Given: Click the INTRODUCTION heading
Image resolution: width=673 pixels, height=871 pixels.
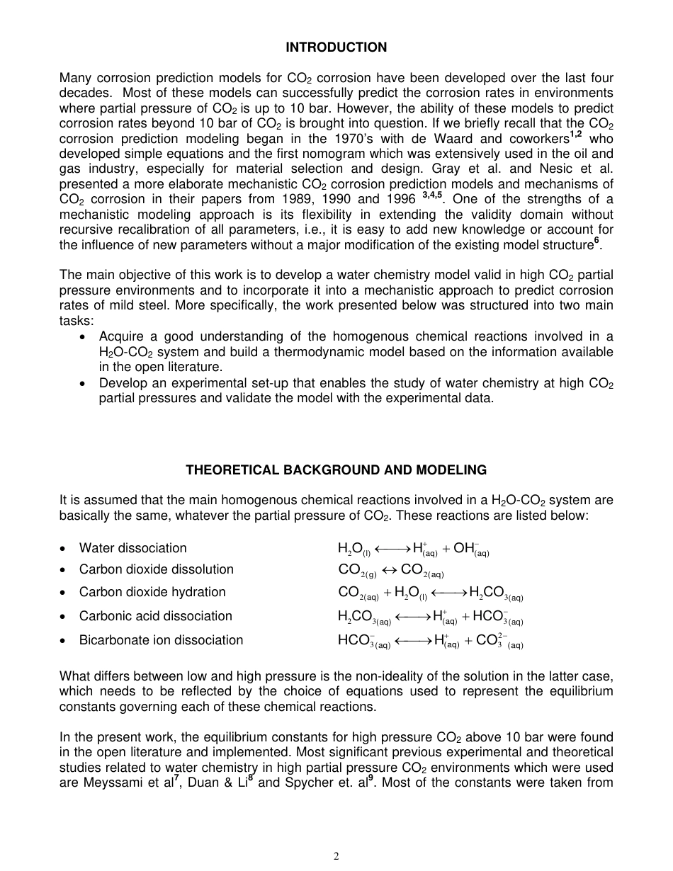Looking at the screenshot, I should (x=336, y=47).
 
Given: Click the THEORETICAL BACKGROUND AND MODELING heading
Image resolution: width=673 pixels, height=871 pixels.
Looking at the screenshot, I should (x=336, y=470).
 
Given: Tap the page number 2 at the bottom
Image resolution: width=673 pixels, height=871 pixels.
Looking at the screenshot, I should (x=336, y=856).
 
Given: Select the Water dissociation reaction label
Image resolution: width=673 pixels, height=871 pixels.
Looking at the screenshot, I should (x=132, y=548).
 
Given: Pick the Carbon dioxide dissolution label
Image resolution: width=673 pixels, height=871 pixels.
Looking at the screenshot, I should (x=156, y=569).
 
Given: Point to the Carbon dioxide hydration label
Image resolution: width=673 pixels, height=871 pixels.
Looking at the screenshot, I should (x=152, y=592).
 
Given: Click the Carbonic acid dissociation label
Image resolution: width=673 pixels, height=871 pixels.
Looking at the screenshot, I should (x=155, y=616).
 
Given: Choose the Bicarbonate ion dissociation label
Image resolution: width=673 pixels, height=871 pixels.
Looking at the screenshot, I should (x=161, y=640).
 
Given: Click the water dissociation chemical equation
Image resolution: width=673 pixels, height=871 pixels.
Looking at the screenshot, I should (x=414, y=549).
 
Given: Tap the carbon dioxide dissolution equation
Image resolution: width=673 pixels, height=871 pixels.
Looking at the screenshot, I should (x=391, y=571).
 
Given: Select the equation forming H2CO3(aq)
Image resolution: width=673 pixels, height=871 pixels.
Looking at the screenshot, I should (x=430, y=593).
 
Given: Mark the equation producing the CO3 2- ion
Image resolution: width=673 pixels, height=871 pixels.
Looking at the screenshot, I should (x=430, y=642).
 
